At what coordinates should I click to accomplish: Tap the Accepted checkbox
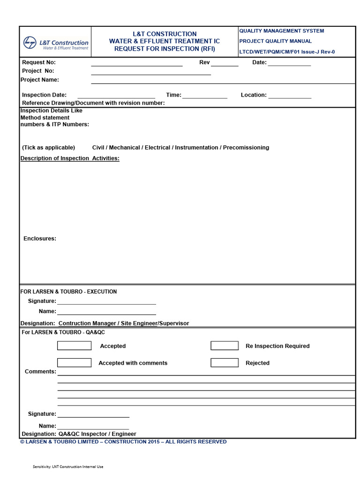(x=74, y=346)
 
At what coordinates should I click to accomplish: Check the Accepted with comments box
(x=74, y=363)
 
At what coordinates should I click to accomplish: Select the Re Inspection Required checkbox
(x=225, y=346)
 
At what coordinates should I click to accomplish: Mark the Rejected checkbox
(x=225, y=363)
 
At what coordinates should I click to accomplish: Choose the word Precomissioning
(x=246, y=148)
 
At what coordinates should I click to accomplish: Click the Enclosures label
(x=40, y=239)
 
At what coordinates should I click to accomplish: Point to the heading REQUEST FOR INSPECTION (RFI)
(x=165, y=49)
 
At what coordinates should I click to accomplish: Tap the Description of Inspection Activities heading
(x=70, y=158)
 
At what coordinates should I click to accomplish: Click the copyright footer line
(x=123, y=442)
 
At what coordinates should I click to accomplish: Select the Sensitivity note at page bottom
(x=68, y=466)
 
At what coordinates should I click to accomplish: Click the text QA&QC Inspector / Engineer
(x=97, y=434)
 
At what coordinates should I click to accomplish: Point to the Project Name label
(x=40, y=80)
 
